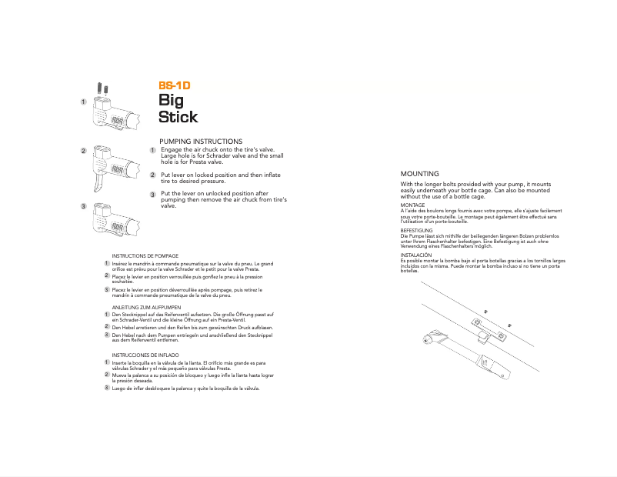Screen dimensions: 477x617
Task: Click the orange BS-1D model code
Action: coord(174,86)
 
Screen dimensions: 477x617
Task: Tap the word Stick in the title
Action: coord(178,117)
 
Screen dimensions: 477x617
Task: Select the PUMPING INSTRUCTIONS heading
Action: coord(200,142)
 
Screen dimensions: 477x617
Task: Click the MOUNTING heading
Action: coord(420,175)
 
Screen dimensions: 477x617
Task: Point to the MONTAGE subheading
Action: coord(413,205)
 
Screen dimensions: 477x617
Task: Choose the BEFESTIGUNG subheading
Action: coord(416,230)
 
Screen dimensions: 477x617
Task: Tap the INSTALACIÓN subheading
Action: coord(416,255)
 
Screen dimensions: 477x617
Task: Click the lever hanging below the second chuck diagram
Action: coord(98,185)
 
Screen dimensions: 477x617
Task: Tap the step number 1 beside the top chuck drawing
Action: coord(82,102)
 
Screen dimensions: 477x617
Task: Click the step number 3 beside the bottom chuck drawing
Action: coord(82,208)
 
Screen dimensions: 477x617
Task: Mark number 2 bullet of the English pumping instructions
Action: coord(152,175)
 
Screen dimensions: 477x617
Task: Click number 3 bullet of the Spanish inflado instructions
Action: coord(106,389)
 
